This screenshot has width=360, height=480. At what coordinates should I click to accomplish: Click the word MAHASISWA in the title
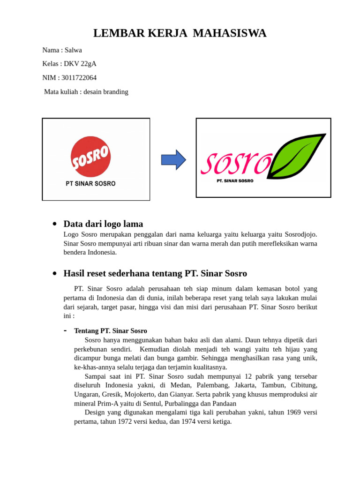229,33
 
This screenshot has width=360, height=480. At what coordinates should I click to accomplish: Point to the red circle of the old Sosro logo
90,157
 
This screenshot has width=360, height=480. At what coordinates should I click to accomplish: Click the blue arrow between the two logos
173,160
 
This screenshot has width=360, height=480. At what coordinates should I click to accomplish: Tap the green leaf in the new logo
297,156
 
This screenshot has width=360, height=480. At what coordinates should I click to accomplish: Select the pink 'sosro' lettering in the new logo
235,162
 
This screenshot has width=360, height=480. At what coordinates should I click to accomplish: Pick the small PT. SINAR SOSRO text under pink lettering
235,180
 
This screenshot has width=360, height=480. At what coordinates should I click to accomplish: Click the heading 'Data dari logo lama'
103,224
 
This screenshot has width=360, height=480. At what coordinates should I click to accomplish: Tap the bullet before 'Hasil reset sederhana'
55,273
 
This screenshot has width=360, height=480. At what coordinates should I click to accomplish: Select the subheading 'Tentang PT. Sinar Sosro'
111,331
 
